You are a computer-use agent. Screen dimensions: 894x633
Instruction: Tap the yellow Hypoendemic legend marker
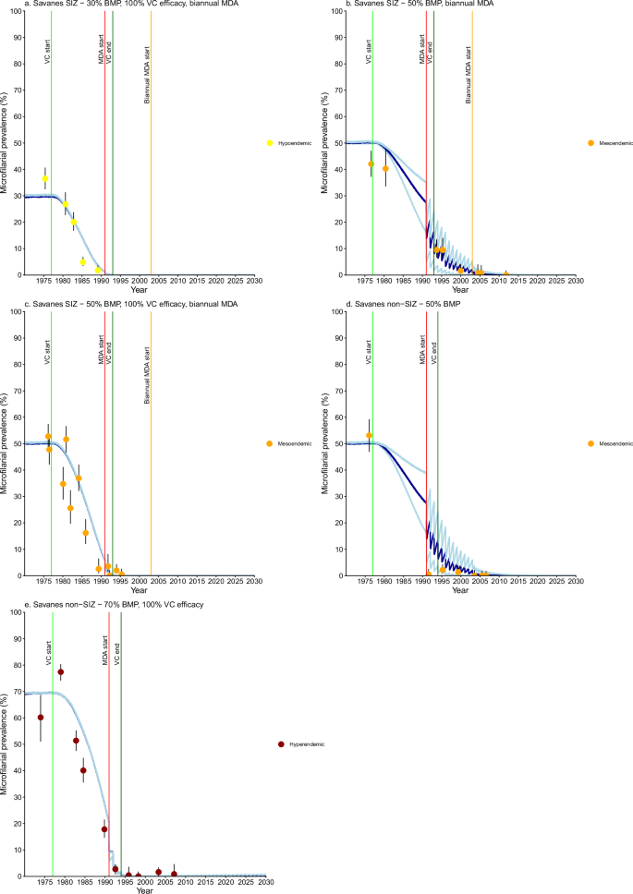click(x=270, y=143)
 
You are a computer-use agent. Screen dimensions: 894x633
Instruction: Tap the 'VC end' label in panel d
click(x=434, y=354)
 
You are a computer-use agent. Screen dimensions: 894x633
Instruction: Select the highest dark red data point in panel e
click(x=61, y=672)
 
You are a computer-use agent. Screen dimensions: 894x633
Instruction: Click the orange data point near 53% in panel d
click(x=369, y=435)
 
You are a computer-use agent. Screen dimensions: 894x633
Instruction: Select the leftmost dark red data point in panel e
click(x=41, y=718)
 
